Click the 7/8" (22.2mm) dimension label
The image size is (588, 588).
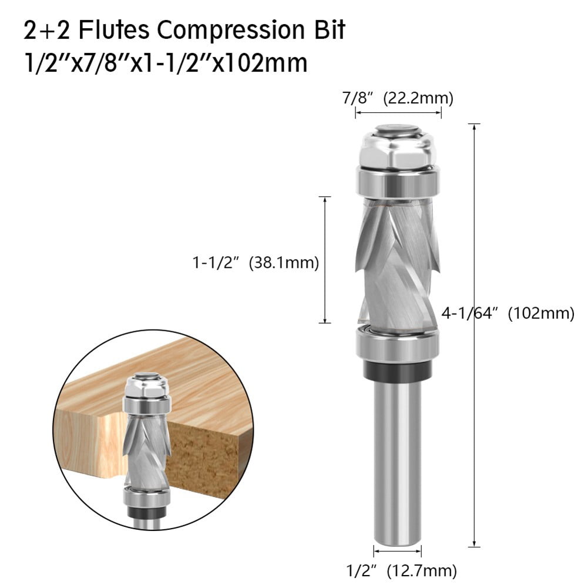(398, 98)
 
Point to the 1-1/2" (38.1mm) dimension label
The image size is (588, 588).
(256, 264)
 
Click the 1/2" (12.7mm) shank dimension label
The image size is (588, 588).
(398, 569)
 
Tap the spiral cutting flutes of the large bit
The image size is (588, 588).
(398, 258)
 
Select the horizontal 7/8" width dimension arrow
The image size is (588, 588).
(398, 112)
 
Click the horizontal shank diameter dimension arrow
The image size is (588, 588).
(398, 551)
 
